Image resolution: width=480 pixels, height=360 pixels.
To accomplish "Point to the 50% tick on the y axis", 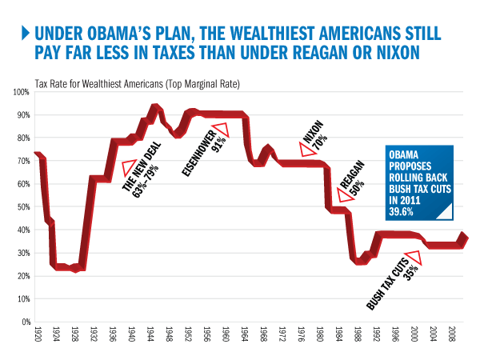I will coord(21,207).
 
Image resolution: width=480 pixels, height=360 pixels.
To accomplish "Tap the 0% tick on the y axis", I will coord(23,322).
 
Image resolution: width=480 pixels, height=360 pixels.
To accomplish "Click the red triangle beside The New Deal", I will coord(129,168).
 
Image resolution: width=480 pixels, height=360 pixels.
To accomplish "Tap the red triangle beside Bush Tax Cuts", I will coord(413,258).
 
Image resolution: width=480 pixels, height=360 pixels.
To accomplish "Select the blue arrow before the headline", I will coord(26,34).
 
